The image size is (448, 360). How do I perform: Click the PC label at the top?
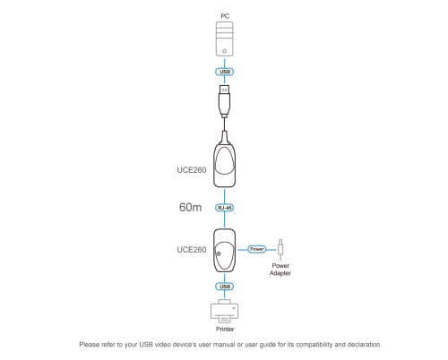click(225, 16)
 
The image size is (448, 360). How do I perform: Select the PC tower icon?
click(224, 39)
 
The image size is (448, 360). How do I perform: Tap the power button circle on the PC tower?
click(224, 51)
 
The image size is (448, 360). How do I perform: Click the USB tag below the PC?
click(225, 72)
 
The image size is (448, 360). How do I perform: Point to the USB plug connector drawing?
click(224, 100)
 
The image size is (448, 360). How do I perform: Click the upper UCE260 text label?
click(192, 170)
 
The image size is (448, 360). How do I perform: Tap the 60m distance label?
click(190, 207)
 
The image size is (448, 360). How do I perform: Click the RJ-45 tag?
click(225, 208)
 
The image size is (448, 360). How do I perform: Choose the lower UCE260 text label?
click(192, 250)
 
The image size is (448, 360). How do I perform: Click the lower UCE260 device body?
click(224, 251)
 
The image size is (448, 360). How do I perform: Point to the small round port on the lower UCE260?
click(219, 253)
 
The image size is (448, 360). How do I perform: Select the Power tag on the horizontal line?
click(257, 249)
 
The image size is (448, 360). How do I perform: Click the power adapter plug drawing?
click(280, 250)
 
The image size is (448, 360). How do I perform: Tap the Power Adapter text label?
click(280, 270)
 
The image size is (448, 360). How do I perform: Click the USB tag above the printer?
click(225, 287)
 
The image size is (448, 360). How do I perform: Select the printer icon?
click(224, 311)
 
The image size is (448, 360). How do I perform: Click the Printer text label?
click(225, 329)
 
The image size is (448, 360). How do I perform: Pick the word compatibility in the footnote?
click(314, 345)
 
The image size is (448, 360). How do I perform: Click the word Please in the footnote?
click(90, 345)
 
